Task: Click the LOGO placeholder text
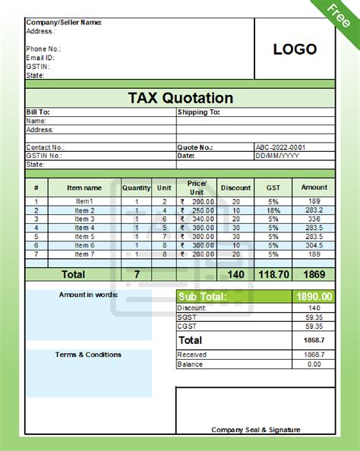(x=295, y=49)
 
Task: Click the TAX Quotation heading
(x=180, y=99)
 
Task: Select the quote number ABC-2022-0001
(x=280, y=147)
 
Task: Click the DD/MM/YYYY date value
(x=279, y=156)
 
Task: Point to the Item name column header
(x=84, y=188)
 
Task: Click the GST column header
(x=273, y=188)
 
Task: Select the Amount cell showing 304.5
(x=314, y=245)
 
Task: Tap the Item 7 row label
(x=84, y=254)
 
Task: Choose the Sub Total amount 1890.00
(x=314, y=296)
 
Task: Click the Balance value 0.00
(x=314, y=364)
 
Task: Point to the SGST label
(x=186, y=317)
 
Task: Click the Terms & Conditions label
(x=88, y=355)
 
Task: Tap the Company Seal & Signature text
(x=256, y=430)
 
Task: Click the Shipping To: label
(x=198, y=112)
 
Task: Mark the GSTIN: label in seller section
(x=38, y=67)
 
